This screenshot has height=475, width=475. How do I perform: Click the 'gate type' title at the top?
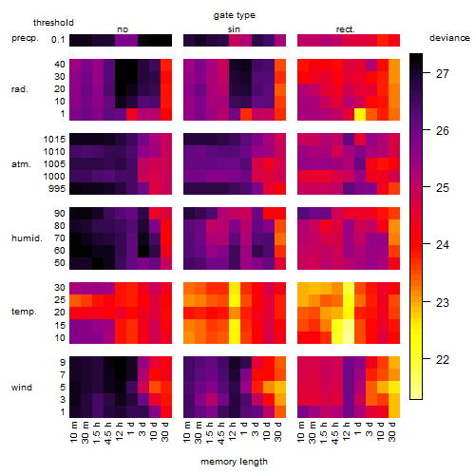tap(235, 15)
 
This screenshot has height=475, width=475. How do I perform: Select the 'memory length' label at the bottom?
tap(234, 462)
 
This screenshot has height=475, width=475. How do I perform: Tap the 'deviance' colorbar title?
tap(449, 38)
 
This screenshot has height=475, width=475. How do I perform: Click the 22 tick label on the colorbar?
tap(443, 360)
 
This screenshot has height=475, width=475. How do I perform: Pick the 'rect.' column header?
tap(345, 29)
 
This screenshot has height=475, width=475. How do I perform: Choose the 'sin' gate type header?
tap(234, 29)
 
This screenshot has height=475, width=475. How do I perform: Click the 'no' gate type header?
tap(123, 29)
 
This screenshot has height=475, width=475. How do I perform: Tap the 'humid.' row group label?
tap(27, 238)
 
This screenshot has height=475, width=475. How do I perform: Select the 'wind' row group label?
tap(22, 388)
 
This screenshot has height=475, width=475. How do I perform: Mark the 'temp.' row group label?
tap(24, 312)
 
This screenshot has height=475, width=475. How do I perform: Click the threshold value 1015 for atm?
tap(54, 140)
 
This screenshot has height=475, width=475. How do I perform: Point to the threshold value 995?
tap(57, 189)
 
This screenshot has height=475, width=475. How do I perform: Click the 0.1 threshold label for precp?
tap(58, 40)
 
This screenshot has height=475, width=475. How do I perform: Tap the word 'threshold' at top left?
tap(53, 23)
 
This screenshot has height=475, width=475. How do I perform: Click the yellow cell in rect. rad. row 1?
tap(360, 114)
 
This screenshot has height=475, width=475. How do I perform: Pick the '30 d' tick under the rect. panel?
tap(393, 431)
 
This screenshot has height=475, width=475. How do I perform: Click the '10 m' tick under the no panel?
tap(75, 432)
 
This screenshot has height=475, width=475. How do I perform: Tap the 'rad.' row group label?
tap(20, 89)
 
